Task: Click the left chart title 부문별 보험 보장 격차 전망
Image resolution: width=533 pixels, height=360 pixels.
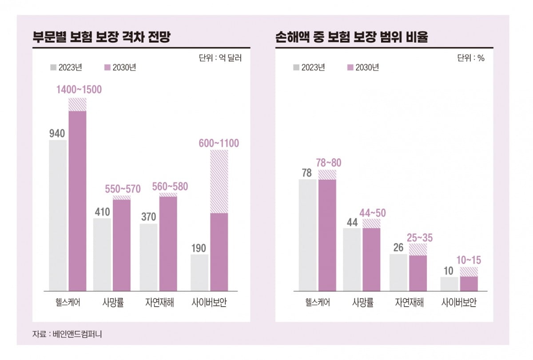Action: click(102, 37)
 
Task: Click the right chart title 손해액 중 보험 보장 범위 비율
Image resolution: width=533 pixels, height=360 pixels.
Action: click(351, 37)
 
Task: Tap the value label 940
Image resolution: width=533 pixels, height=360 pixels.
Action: click(57, 133)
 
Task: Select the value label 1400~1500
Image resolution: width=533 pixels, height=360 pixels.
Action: click(79, 90)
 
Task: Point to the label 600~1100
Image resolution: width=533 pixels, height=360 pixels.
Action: click(219, 143)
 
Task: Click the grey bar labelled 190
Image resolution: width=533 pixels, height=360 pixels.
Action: click(199, 273)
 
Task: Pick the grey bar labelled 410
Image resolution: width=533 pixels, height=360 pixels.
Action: click(102, 254)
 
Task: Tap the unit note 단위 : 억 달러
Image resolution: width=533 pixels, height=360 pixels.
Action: click(220, 58)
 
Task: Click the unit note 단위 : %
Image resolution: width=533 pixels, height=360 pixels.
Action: click(471, 58)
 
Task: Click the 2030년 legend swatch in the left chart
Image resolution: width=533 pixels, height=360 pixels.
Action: click(107, 67)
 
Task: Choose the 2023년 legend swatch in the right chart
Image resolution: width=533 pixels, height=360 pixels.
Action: click(296, 67)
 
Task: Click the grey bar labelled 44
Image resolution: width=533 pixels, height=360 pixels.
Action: click(352, 259)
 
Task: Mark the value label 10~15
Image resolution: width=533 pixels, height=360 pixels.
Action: click(469, 261)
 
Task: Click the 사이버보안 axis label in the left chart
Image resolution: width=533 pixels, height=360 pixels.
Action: click(210, 303)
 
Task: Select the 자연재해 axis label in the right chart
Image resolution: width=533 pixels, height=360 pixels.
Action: click(410, 303)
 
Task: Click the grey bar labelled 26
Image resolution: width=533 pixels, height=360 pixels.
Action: click(398, 273)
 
